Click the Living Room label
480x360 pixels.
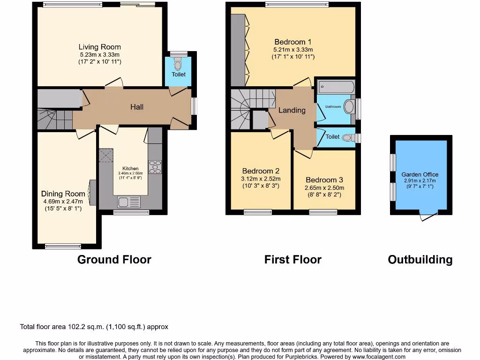click(x=99, y=47)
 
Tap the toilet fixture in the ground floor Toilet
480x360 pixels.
click(x=177, y=63)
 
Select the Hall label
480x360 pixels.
click(x=137, y=107)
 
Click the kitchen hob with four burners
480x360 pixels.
click(x=155, y=167)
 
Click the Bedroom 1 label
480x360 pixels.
click(x=293, y=41)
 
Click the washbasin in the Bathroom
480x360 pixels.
click(x=349, y=107)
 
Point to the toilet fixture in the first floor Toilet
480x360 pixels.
click(x=347, y=137)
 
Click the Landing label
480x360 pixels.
click(x=292, y=110)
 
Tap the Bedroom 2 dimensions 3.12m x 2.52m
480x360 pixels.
click(x=261, y=179)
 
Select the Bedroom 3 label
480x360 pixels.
click(x=324, y=180)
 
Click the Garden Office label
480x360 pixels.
click(x=420, y=174)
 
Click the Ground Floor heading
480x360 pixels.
click(x=114, y=260)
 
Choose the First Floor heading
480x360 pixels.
click(x=292, y=260)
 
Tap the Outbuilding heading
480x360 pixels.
click(x=420, y=260)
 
